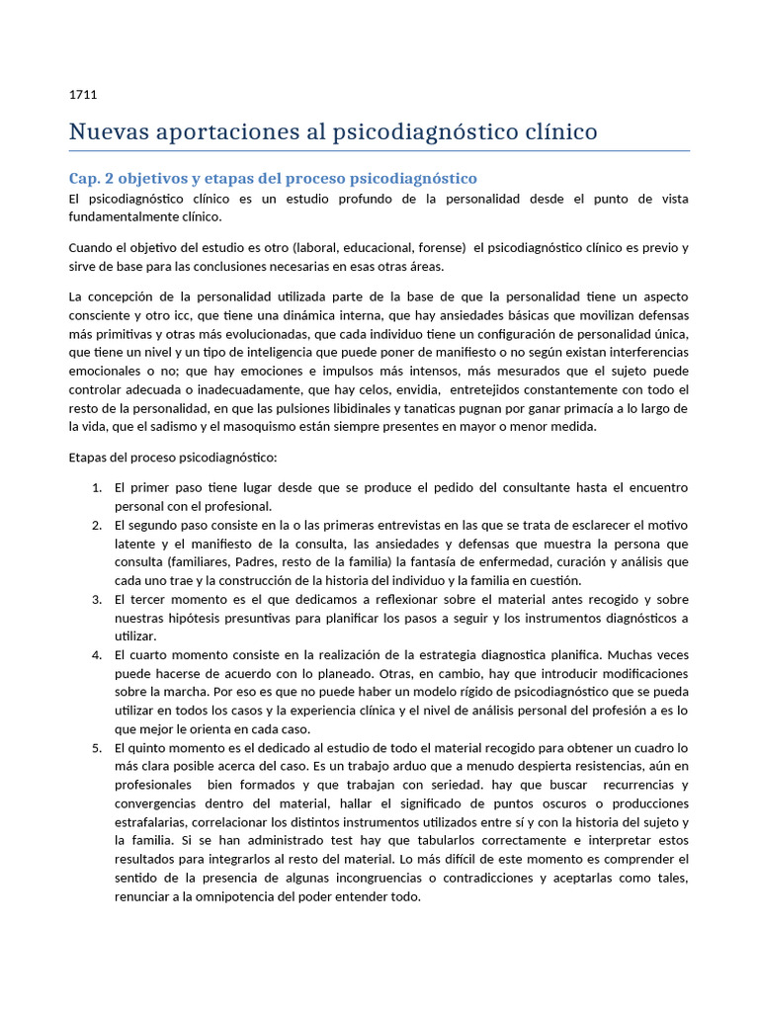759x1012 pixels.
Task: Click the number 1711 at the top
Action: click(82, 96)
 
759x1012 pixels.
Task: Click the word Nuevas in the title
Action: click(106, 131)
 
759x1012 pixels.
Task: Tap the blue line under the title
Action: click(379, 151)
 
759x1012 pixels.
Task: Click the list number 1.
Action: click(97, 488)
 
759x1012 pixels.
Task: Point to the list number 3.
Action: click(97, 600)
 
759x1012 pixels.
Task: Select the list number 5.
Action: click(97, 748)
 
